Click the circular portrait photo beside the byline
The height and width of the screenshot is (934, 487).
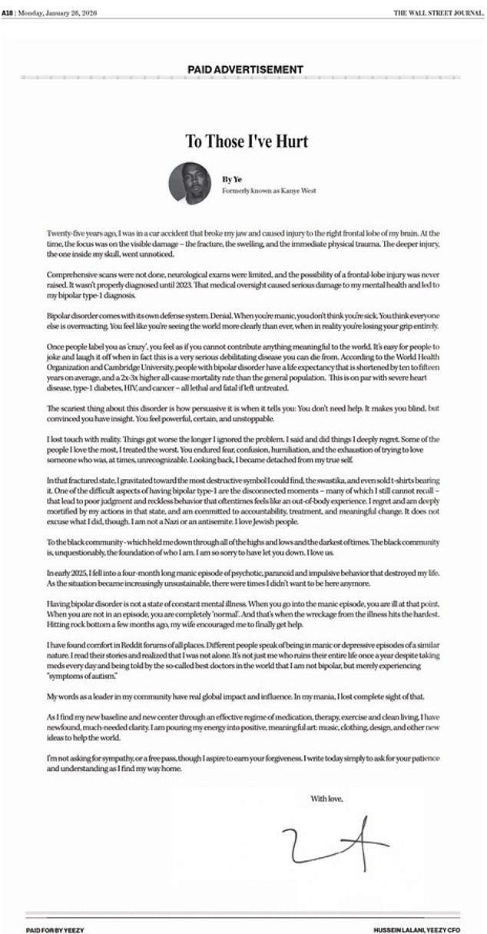click(187, 183)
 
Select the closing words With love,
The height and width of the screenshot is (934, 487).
click(326, 799)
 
